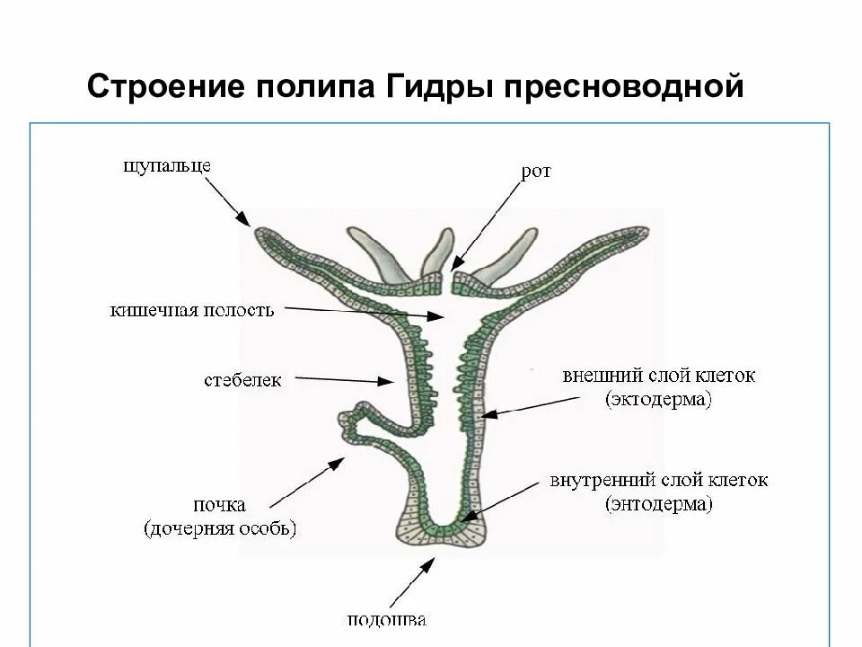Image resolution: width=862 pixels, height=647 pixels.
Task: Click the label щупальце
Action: [168, 165]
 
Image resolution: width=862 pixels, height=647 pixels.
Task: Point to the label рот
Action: [535, 172]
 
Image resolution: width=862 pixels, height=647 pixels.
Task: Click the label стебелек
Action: [242, 380]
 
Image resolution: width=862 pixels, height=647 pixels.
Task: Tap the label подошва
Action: [387, 620]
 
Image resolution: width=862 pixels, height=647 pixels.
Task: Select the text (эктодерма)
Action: [658, 399]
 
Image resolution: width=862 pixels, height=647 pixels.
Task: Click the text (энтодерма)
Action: [659, 504]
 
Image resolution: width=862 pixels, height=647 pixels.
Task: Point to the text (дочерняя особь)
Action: [220, 528]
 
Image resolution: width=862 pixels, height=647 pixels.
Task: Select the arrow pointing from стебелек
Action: [345, 380]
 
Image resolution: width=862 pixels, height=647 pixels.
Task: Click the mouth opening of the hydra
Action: [449, 279]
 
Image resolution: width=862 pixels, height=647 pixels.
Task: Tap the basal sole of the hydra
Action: [441, 536]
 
